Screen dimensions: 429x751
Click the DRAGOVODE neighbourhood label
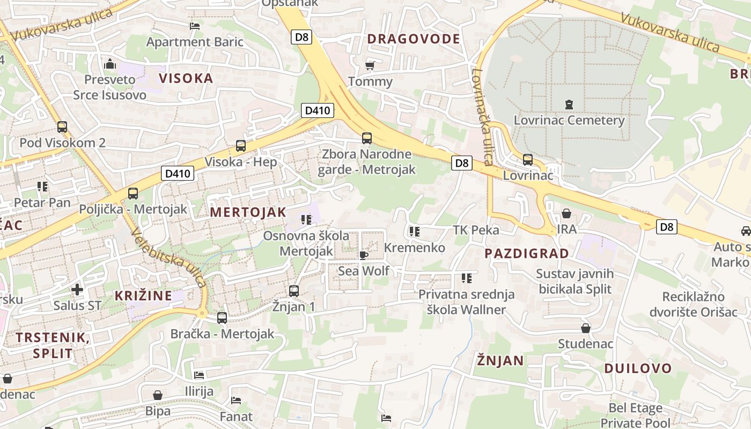[x=413, y=39]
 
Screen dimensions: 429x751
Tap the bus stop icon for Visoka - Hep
[x=241, y=145]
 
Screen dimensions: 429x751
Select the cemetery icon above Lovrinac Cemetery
[x=569, y=104]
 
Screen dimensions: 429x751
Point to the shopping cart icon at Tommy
[x=370, y=66]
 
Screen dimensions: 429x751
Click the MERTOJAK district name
[x=248, y=212]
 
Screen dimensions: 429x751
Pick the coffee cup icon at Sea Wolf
[x=363, y=255]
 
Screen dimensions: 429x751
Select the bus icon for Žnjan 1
[x=293, y=291]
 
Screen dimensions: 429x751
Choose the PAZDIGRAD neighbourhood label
[x=527, y=254]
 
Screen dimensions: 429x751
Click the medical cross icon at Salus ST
[x=77, y=290]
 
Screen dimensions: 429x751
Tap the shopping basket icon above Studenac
[x=585, y=328]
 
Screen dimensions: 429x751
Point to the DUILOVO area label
[x=638, y=368]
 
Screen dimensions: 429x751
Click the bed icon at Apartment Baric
[x=195, y=26]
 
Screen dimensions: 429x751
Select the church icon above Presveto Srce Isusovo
[x=111, y=64]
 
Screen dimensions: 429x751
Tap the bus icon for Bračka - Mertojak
[x=222, y=317]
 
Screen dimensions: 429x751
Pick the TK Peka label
[x=476, y=230]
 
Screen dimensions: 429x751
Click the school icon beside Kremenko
[x=414, y=232]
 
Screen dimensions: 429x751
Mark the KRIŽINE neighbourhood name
[x=143, y=295]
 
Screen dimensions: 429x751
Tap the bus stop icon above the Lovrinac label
[x=528, y=159]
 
